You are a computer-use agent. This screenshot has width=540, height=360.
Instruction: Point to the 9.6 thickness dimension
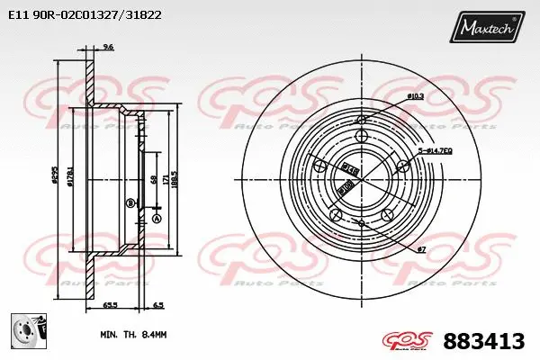tap(109, 47)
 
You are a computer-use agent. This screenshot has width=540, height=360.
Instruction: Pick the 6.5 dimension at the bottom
tap(158, 307)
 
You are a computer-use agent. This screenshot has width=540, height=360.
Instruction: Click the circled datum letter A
tap(156, 220)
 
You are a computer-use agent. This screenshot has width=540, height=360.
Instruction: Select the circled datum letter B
tap(130, 202)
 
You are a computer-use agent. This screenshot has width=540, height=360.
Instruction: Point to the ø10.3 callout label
tap(416, 95)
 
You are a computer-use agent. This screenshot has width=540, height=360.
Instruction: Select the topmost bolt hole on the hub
tap(362, 136)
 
